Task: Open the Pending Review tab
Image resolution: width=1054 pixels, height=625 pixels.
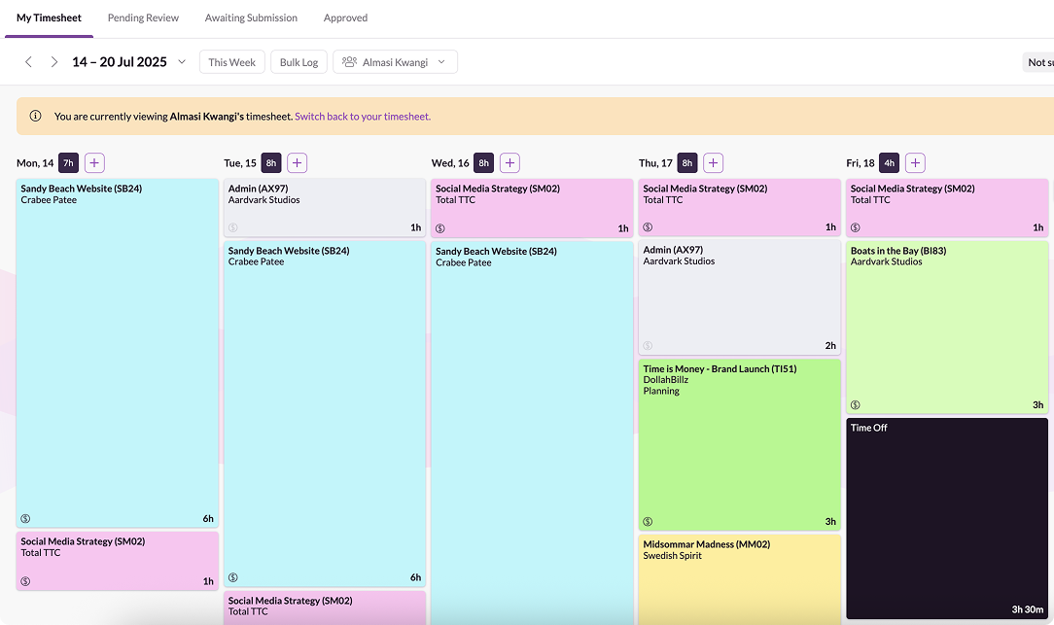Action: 143,17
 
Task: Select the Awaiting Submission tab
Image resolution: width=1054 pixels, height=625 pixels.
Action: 251,17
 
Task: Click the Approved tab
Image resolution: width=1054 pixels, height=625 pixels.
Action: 345,17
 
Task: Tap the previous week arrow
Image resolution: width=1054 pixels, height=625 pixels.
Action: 28,62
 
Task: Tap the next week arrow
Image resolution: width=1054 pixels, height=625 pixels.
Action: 54,62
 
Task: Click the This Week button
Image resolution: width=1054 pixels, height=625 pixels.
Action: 231,62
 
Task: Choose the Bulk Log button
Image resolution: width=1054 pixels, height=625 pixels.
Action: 299,62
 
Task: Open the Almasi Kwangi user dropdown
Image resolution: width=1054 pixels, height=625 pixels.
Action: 395,62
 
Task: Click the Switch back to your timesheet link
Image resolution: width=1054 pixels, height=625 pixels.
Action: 363,117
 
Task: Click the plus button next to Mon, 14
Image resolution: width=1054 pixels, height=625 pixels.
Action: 94,163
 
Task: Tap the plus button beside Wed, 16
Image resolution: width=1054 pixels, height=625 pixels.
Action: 509,163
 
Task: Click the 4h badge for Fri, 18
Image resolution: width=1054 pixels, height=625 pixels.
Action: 889,163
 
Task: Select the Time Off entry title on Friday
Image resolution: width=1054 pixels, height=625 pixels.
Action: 869,428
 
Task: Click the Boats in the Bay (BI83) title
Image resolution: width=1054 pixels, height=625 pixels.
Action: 898,251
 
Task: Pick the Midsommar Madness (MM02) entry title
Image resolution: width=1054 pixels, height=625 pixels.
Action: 706,544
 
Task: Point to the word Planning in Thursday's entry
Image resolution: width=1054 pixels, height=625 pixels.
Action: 661,391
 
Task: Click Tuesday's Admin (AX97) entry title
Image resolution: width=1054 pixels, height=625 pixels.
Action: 258,189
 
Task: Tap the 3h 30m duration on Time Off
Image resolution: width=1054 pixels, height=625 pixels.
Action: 1027,609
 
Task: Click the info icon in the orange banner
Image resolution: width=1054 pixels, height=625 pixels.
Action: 36,117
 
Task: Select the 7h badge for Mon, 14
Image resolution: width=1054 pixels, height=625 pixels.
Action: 68,163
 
